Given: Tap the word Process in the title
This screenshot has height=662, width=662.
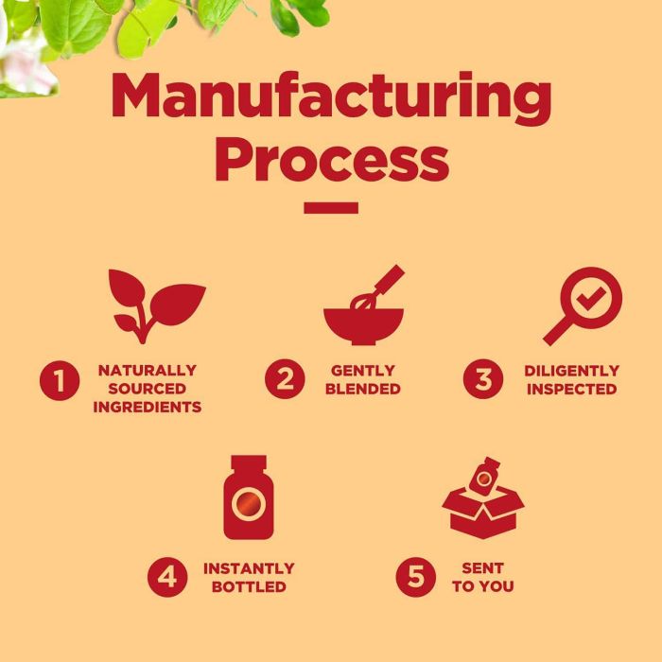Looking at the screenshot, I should coord(331,161).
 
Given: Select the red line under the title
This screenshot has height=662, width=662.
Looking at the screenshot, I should coord(331,208).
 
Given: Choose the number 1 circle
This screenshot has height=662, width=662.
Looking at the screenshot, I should coord(59,381).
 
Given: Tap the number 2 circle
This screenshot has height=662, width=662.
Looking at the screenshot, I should coord(284,380).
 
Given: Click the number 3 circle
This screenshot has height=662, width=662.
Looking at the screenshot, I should coord(482,380).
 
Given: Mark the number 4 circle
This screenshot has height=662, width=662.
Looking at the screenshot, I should coord(167,577).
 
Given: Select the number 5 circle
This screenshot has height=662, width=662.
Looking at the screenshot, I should coord(415,577).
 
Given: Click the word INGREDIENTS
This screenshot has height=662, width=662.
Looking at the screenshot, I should coord(147,408).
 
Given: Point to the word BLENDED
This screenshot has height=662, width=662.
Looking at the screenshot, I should coord(364,389).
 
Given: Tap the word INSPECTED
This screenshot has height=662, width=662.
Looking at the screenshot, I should coord(572,389).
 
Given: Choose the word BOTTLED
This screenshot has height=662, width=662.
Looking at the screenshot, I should coord(249,586).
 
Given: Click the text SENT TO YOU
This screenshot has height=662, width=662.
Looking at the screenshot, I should coord(482,577).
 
